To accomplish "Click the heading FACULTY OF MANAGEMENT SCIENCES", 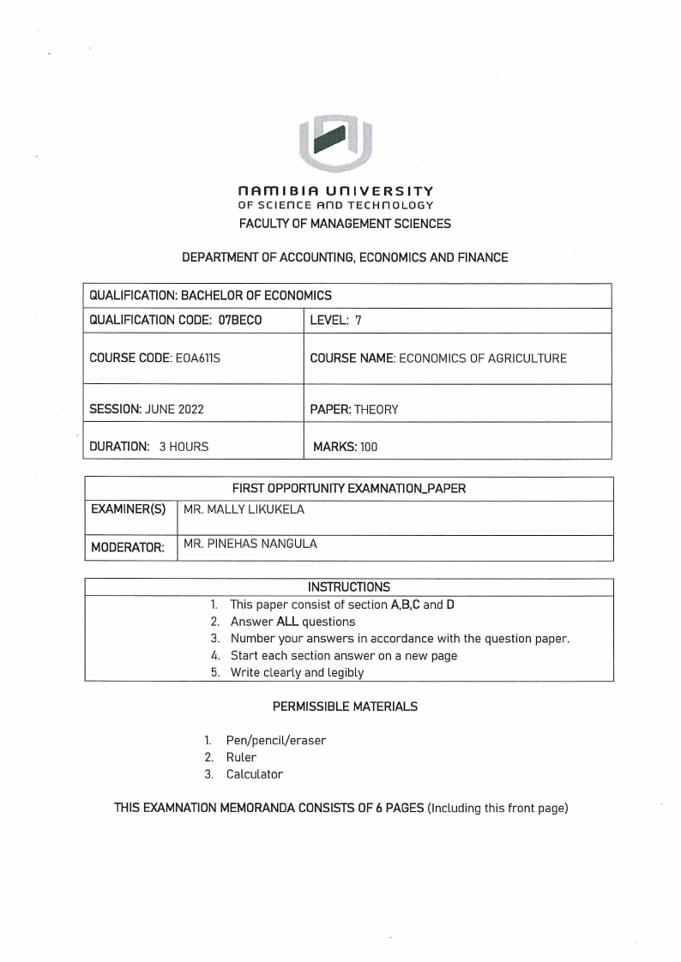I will tap(340, 224).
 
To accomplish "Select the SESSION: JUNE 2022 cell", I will tap(147, 410).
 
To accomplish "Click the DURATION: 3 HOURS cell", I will tap(149, 446).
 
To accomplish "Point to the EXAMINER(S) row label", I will tap(129, 510).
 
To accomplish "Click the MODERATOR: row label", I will tap(128, 546).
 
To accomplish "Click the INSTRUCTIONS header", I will tap(349, 587).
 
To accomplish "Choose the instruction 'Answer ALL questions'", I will tap(292, 622).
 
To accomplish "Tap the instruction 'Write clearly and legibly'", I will tap(297, 672).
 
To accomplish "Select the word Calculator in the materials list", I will tap(254, 774).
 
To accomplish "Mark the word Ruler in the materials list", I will tap(241, 757).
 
